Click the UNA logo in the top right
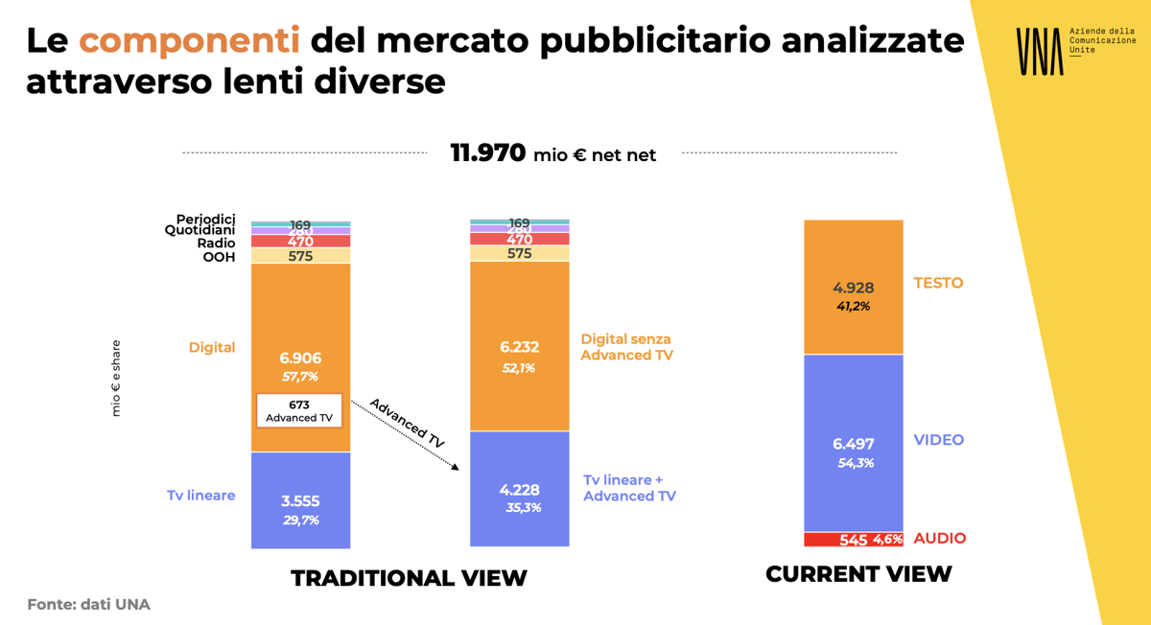click(x=1040, y=51)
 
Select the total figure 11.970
click(x=488, y=152)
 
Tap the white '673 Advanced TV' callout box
click(x=299, y=411)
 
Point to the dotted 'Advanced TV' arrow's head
click(x=456, y=467)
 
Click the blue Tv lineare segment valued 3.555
click(x=300, y=500)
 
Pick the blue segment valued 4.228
click(x=519, y=489)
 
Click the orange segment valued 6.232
click(x=519, y=345)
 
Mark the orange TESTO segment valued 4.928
click(x=854, y=288)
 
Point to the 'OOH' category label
click(x=219, y=257)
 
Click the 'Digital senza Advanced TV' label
click(x=626, y=347)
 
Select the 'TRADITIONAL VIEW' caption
click(x=409, y=578)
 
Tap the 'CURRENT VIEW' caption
click(x=858, y=574)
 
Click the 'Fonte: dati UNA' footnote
click(x=88, y=605)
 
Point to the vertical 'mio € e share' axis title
click(x=116, y=378)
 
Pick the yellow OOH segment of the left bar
click(x=300, y=256)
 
